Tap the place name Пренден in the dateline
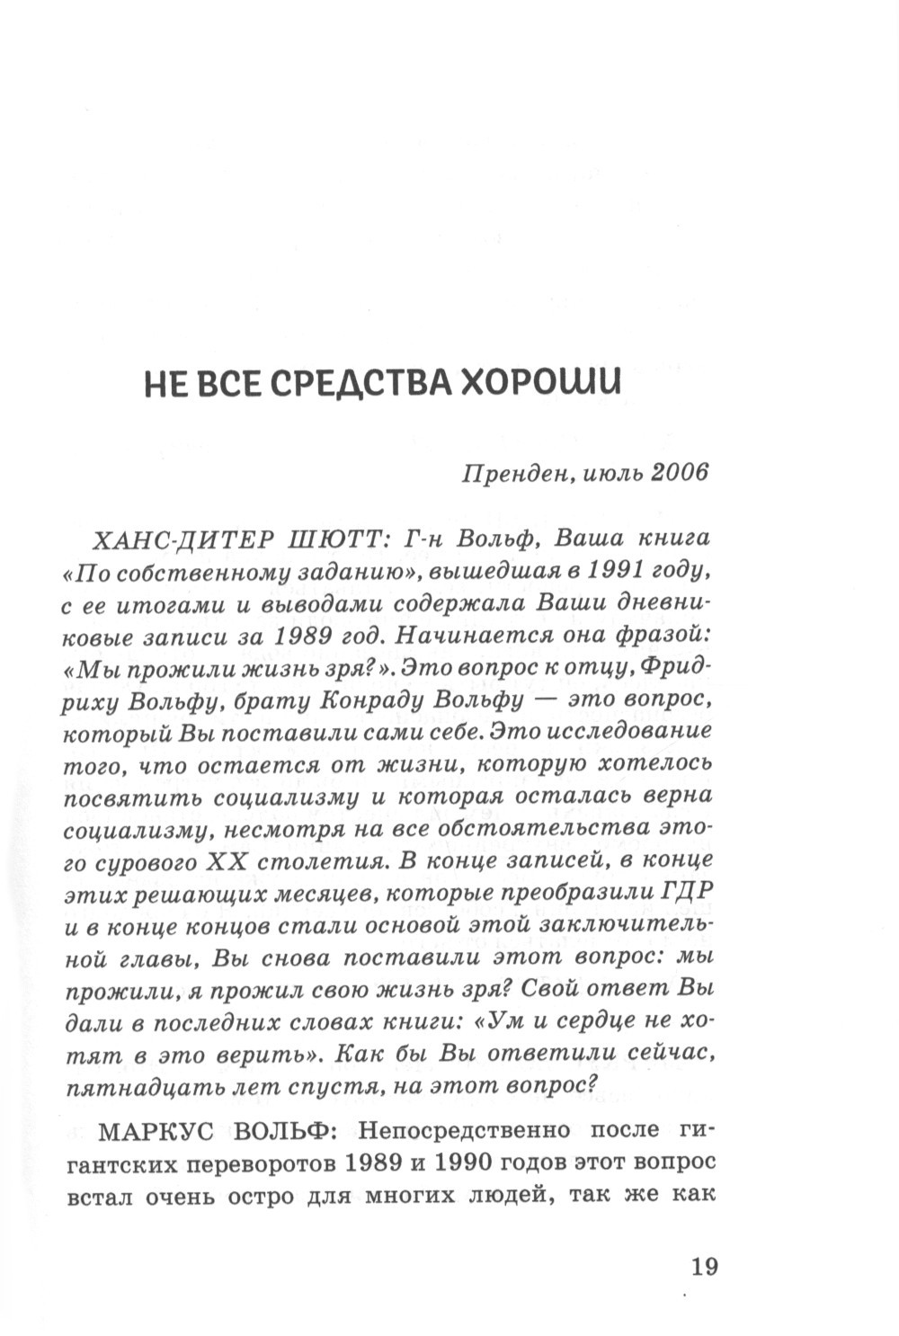coord(513,473)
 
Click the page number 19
coord(704,1267)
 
